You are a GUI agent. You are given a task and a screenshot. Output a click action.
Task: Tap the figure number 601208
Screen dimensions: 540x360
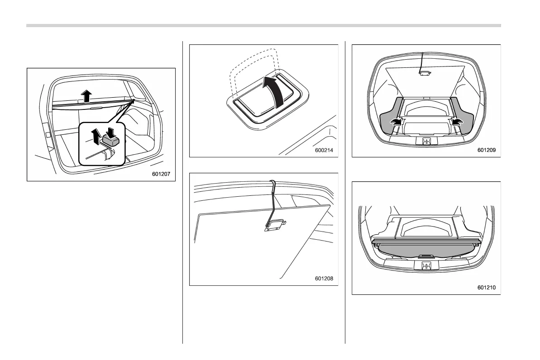(x=324, y=279)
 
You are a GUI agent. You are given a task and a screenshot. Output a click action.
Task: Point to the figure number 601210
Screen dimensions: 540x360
(x=487, y=287)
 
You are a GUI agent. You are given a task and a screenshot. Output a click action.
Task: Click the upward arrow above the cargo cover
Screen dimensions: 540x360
(x=86, y=96)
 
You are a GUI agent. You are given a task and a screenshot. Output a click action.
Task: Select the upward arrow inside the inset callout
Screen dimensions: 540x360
(x=95, y=135)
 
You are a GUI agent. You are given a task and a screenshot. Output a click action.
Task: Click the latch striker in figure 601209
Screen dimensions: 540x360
(x=426, y=142)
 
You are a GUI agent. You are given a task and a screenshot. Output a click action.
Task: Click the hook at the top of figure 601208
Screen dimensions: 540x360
(x=272, y=183)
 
